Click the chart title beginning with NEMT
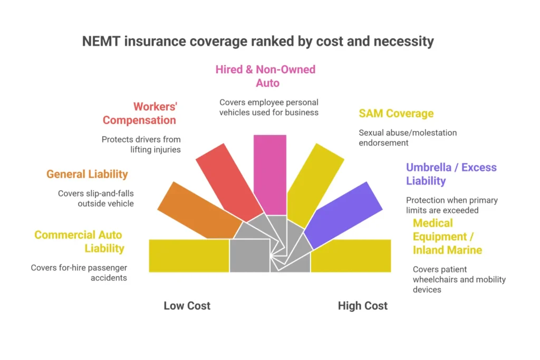pos(258,42)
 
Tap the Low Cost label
pos(187,306)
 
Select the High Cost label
pos(362,306)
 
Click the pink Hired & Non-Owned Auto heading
pos(265,76)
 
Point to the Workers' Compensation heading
pos(140,113)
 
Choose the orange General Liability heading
pos(87,174)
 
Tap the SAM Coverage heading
pos(396,113)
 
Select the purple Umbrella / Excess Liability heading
pos(451,174)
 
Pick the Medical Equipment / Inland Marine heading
pos(447,236)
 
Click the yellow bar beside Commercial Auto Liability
pos(189,256)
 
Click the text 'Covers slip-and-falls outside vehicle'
pos(95,198)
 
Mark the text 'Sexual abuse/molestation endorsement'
pos(408,138)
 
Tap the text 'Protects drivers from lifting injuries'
pos(141,144)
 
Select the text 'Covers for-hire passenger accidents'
pos(79,273)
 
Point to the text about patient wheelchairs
pos(459,279)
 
